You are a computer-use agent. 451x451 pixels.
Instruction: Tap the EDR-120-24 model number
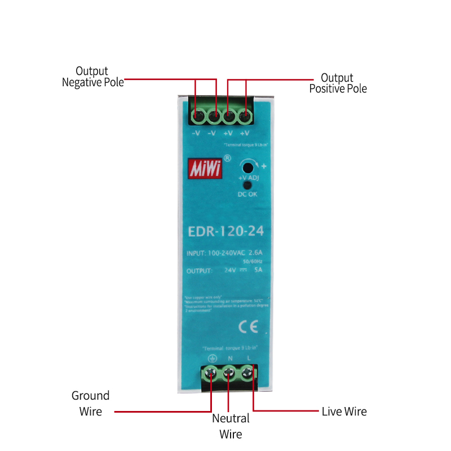(x=225, y=231)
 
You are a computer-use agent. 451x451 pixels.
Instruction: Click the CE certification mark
(x=249, y=326)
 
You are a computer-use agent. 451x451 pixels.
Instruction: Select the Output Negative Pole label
(x=92, y=77)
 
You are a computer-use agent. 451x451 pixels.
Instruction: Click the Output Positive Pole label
(x=338, y=83)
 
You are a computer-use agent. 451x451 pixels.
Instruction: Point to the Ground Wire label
(x=90, y=404)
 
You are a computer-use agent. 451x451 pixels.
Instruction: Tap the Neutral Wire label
(x=231, y=426)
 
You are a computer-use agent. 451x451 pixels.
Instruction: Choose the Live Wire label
(x=344, y=412)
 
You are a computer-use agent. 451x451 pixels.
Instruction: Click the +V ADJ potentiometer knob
(x=246, y=167)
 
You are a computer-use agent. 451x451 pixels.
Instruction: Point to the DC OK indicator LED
(x=246, y=185)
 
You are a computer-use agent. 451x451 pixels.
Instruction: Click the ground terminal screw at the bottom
(x=211, y=373)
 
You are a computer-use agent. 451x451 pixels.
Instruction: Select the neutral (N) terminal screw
(x=229, y=373)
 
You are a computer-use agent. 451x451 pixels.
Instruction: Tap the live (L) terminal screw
(x=247, y=373)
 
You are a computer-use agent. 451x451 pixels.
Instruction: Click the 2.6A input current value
(x=255, y=253)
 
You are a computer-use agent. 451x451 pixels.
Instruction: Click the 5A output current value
(x=258, y=271)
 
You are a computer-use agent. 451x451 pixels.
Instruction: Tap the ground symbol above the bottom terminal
(x=212, y=358)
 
